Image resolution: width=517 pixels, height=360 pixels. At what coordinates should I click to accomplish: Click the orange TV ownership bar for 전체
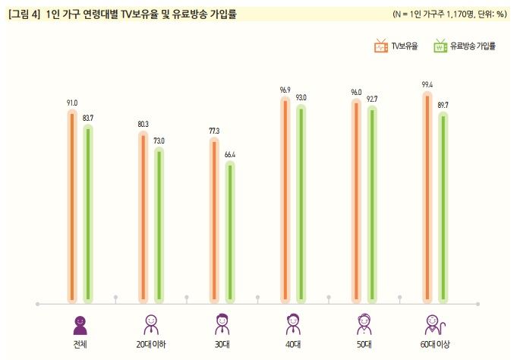coord(72,205)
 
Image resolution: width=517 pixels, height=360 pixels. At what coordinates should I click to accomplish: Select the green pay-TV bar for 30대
coord(230,232)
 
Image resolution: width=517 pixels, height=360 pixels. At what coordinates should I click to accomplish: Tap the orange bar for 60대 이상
coord(428,197)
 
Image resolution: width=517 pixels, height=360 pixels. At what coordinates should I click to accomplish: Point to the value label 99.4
coord(427,85)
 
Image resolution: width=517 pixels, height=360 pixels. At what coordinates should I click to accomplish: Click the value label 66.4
coord(230,155)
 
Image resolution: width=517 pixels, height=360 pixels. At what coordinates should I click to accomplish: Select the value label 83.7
coord(87,118)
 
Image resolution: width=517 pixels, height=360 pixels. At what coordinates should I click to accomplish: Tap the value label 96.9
coord(285,90)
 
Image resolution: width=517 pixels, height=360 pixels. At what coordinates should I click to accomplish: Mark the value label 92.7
coord(373,99)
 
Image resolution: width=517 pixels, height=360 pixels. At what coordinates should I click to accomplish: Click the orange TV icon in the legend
coord(381,46)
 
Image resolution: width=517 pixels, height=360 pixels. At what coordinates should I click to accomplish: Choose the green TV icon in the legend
coord(440,46)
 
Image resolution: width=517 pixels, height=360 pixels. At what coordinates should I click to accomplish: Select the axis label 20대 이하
coord(150,344)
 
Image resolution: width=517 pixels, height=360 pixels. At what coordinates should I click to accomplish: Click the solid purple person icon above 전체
coord(80,324)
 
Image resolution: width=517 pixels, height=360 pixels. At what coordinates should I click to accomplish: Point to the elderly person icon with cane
coord(434,324)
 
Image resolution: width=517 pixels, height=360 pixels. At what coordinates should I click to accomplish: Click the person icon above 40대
coord(292,324)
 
